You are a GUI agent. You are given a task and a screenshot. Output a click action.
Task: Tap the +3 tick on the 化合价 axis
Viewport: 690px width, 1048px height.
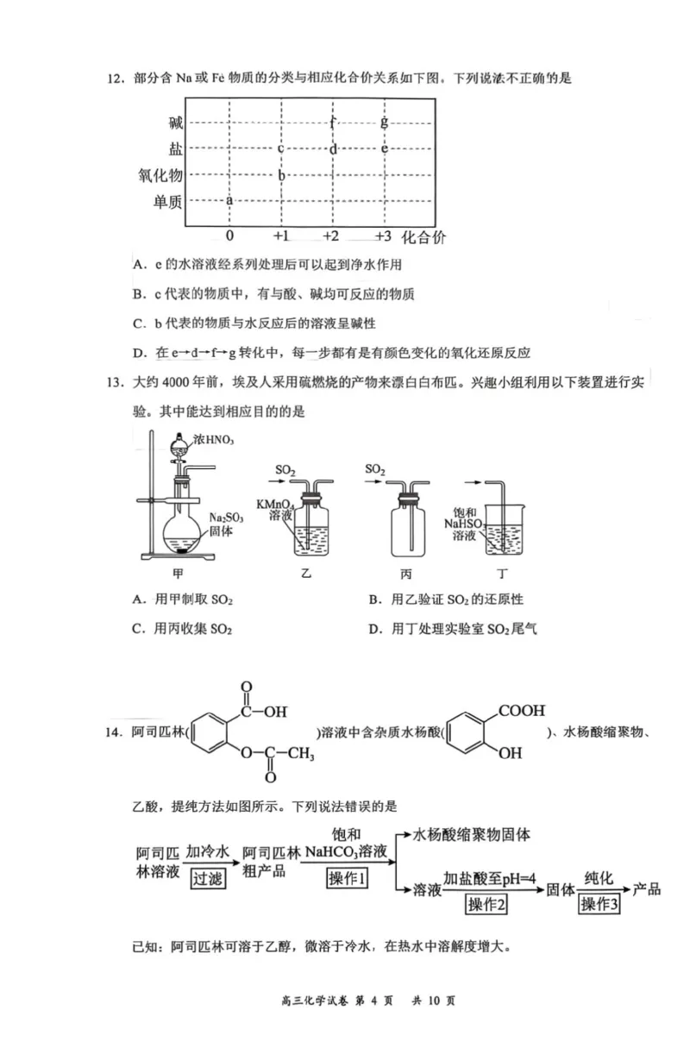[384, 235]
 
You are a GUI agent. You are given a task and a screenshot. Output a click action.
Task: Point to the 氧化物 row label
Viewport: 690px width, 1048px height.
[161, 176]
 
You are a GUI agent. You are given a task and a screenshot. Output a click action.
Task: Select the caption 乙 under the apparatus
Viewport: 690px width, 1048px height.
[304, 574]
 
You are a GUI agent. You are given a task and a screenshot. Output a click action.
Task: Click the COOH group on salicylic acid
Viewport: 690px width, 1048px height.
[522, 712]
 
